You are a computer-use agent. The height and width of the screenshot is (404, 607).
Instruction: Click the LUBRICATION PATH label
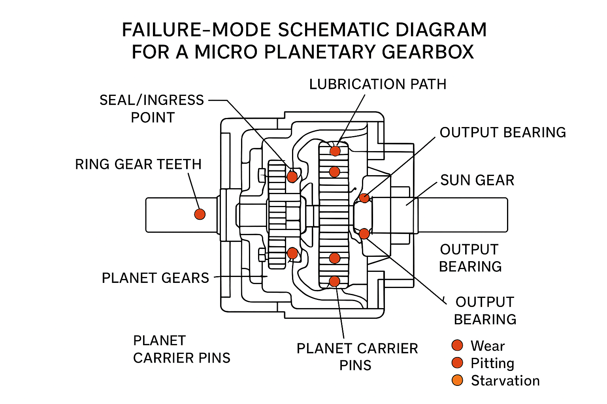pos(377,84)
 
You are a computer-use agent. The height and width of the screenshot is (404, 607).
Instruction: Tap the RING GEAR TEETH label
pos(138,164)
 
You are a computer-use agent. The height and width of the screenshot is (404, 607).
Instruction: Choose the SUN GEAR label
pos(477,180)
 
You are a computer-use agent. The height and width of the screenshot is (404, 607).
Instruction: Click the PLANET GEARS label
pos(155,278)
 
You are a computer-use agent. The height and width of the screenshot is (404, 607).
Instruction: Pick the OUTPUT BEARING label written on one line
pos(503,133)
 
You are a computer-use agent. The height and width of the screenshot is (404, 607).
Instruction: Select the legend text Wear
pos(488,346)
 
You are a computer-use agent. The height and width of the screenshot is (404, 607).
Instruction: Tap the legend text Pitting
pos(492,363)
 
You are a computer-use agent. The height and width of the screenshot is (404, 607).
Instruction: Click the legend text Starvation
pos(505,381)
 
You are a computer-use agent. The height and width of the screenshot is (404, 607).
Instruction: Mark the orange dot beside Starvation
pos(457,380)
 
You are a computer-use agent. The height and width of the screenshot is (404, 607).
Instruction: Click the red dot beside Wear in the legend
pos(457,346)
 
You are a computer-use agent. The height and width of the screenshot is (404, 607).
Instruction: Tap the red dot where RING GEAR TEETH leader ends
pos(200,214)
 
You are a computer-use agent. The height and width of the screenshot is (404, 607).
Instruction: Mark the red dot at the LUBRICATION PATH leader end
pos(335,151)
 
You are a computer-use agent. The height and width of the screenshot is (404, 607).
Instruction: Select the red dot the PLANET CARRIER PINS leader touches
pos(334,281)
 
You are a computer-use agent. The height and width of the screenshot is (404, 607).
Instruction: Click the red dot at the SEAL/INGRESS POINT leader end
pos(292,176)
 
